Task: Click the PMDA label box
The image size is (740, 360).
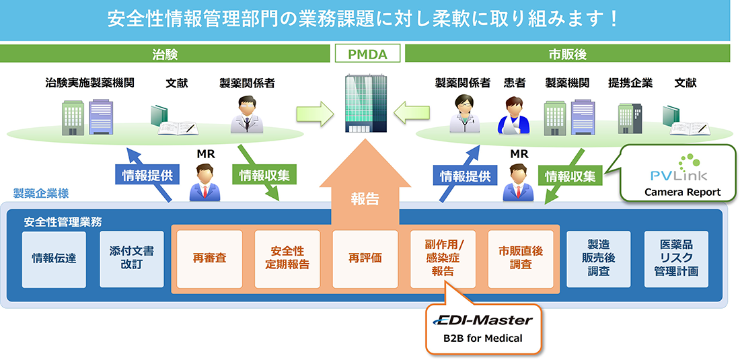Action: [367, 54]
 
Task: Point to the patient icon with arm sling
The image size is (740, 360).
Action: [514, 115]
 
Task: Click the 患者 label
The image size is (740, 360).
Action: [515, 83]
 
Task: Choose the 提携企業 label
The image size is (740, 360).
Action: [630, 83]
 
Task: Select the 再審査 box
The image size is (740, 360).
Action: [209, 258]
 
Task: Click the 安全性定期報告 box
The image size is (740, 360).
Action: [286, 258]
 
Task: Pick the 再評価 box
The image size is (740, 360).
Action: [365, 258]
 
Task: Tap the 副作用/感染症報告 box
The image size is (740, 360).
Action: [443, 258]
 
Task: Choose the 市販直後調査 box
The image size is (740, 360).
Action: [520, 258]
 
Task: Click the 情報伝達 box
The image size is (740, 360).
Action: [54, 258]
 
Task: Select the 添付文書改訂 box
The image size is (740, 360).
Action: [132, 258]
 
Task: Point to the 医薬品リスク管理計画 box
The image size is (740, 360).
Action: [675, 258]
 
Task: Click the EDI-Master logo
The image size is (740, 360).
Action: [483, 321]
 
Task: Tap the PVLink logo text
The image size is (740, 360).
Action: [677, 176]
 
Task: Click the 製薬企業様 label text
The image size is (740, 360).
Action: [40, 194]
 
